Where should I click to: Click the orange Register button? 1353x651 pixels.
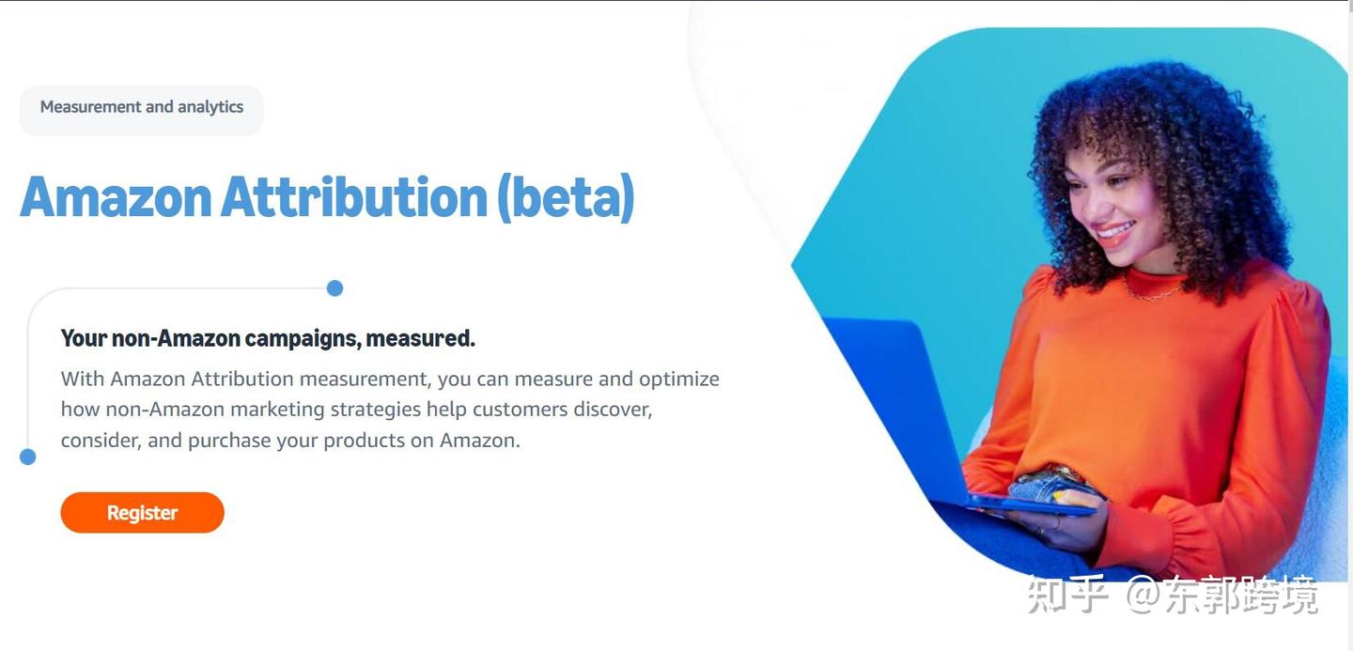pyautogui.click(x=143, y=513)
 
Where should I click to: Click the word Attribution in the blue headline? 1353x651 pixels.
pyautogui.click(x=354, y=197)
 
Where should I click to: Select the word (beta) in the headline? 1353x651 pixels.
pyautogui.click(x=566, y=197)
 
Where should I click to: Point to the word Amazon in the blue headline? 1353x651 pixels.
pyautogui.click(x=116, y=197)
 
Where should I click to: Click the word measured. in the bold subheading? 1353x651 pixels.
pyautogui.click(x=420, y=338)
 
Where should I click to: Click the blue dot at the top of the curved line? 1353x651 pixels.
pyautogui.click(x=334, y=288)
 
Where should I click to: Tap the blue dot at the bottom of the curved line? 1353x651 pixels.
pyautogui.click(x=28, y=457)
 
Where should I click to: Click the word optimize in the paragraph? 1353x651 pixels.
pyautogui.click(x=679, y=380)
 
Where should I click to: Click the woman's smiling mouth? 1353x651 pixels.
pyautogui.click(x=1115, y=231)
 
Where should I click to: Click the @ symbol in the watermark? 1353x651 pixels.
pyautogui.click(x=1143, y=595)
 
